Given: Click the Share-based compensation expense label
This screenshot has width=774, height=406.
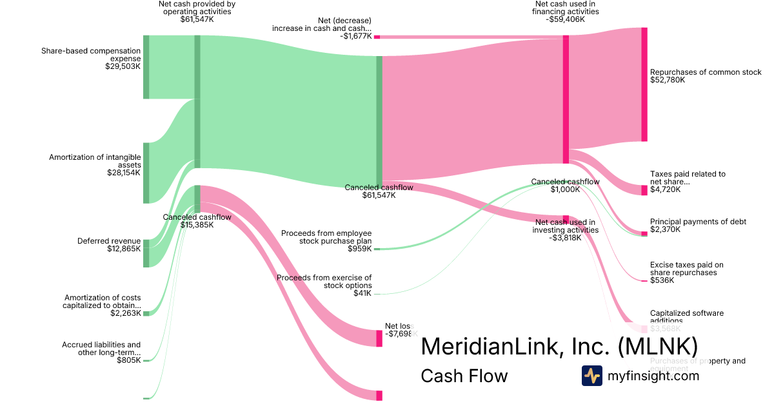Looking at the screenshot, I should [90, 58].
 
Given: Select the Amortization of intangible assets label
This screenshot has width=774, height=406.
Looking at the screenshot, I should [95, 164].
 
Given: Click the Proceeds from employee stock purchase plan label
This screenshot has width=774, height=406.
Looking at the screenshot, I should [326, 240].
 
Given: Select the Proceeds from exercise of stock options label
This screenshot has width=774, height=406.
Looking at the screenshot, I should [324, 285].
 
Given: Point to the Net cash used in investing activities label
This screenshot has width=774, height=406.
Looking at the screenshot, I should [566, 229].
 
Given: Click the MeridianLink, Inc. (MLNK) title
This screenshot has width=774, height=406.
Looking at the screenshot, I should [559, 347].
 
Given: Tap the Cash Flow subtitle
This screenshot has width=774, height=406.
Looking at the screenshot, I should [464, 376].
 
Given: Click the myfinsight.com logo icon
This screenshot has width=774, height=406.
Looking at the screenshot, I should [591, 376].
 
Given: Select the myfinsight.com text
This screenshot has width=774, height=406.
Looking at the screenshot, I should [653, 376].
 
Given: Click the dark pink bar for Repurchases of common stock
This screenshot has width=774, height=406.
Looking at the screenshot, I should [644, 84].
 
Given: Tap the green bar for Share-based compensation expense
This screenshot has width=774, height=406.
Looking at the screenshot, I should [146, 67].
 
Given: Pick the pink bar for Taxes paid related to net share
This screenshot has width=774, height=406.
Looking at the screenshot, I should [644, 190].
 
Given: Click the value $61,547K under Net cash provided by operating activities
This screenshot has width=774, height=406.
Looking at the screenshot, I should [197, 19].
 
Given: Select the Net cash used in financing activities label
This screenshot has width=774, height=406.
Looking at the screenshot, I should [565, 12].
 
